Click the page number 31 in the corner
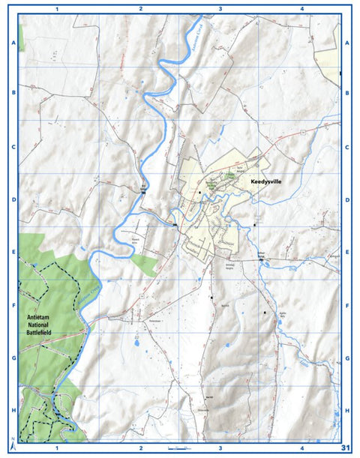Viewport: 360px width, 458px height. pos(346,448)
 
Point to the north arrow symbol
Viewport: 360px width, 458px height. pos(13,442)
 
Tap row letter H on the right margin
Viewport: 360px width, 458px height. pos(347,410)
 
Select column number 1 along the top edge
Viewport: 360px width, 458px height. pos(58,9)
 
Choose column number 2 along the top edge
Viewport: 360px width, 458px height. pos(140,9)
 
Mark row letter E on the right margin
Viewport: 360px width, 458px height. pos(347,253)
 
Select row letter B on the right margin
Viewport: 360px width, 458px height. pos(347,94)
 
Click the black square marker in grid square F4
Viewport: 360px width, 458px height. pos(264,311)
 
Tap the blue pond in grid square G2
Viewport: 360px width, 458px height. pos(136,339)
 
